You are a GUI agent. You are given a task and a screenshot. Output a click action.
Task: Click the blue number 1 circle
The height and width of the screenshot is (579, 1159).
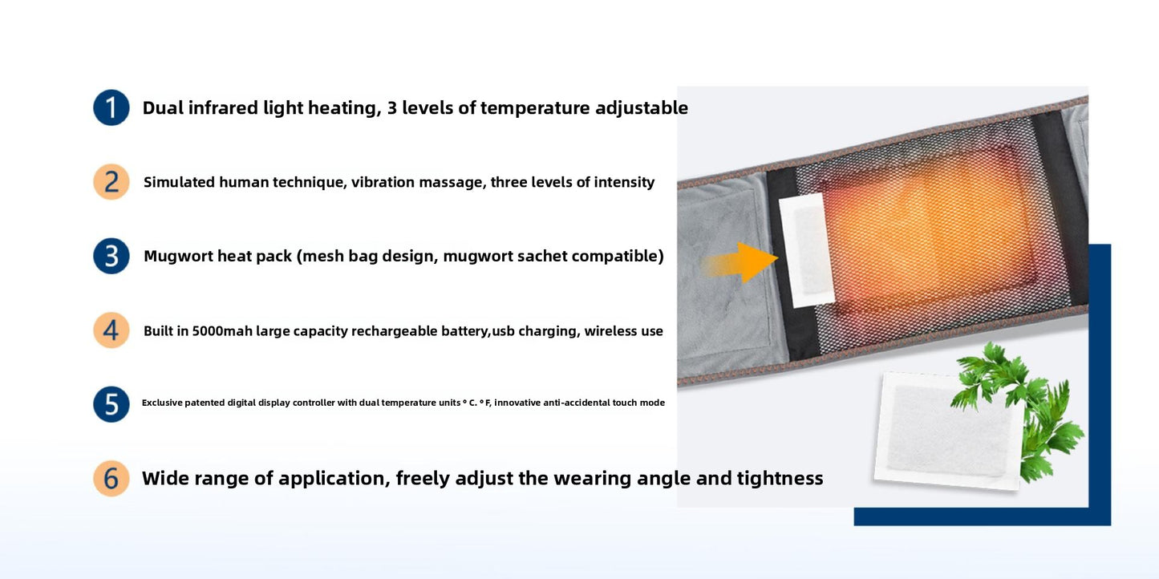click(x=111, y=107)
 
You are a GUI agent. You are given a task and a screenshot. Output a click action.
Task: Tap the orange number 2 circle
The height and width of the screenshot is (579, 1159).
click(x=111, y=182)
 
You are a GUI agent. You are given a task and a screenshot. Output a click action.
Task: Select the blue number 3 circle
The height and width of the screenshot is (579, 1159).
click(x=111, y=256)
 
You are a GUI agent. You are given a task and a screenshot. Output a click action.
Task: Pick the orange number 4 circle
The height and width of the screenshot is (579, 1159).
click(x=111, y=330)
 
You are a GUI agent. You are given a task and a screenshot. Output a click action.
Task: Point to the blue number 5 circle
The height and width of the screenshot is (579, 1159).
click(x=111, y=404)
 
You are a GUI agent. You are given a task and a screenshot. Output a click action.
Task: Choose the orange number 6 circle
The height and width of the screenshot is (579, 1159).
click(x=111, y=478)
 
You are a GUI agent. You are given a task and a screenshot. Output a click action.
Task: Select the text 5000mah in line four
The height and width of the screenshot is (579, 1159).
click(x=222, y=331)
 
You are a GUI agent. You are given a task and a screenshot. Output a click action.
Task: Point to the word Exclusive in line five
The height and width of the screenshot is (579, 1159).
click(x=162, y=403)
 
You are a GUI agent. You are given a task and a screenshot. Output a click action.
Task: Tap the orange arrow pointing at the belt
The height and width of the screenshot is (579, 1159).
click(x=746, y=261)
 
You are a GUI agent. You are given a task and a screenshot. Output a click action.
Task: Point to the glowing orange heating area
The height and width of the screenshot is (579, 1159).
click(x=930, y=229)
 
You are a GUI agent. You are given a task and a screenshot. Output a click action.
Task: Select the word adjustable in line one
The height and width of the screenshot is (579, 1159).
click(x=641, y=107)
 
